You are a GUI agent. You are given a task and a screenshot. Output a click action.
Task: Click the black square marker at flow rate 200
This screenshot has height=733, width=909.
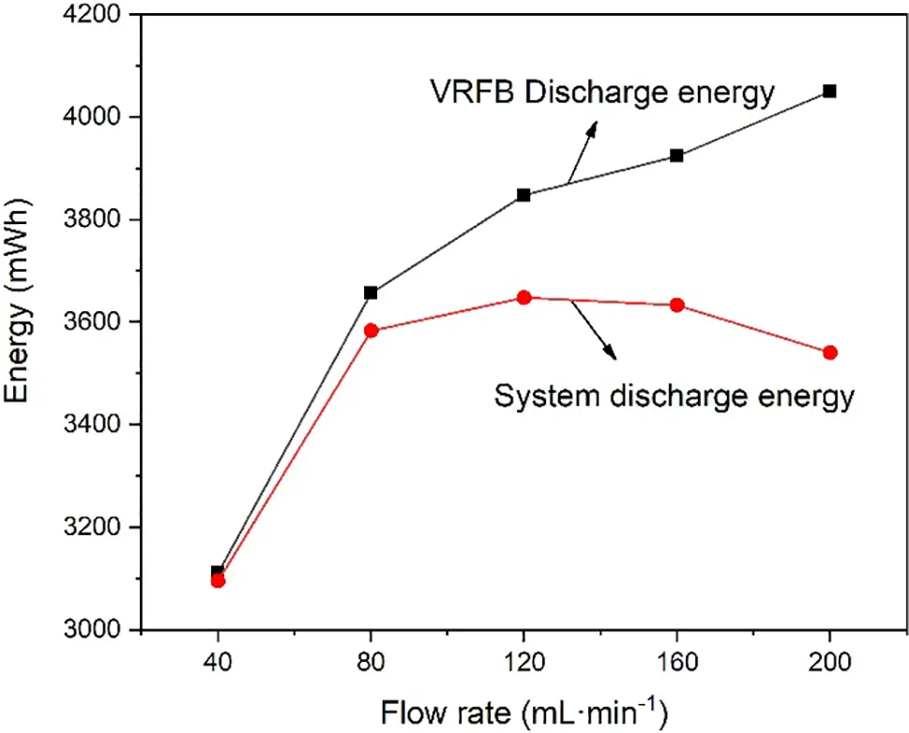point(829,91)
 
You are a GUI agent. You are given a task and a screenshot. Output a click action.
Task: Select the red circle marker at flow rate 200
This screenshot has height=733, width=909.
point(829,352)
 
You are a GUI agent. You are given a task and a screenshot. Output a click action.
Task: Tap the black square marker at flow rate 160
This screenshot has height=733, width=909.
point(676,156)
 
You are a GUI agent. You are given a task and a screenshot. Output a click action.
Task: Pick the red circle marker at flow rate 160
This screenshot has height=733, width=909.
point(676,305)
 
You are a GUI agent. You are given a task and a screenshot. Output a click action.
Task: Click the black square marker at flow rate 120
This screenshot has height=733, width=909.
point(523,195)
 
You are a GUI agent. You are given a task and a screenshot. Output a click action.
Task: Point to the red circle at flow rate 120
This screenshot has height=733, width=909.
point(523,297)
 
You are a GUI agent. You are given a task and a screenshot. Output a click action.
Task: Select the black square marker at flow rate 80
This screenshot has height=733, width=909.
point(371,292)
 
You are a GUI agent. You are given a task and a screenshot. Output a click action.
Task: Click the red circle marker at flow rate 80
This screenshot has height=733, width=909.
point(371,330)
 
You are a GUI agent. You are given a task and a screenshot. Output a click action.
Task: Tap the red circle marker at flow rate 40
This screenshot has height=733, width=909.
point(218,580)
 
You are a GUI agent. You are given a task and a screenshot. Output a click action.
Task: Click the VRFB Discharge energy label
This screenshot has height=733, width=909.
point(602,92)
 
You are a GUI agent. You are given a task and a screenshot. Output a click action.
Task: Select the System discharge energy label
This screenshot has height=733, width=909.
point(674,396)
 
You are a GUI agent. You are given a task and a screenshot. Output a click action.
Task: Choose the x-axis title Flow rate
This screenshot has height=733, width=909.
point(524,713)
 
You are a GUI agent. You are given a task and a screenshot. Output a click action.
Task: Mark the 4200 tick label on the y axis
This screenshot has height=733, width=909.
point(97,15)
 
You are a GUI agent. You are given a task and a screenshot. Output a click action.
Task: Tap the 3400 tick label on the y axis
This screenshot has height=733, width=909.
point(97,425)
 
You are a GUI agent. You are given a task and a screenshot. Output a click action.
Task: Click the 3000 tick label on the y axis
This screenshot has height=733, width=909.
point(97,630)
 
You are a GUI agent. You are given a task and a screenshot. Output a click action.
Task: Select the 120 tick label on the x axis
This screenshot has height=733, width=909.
point(523,662)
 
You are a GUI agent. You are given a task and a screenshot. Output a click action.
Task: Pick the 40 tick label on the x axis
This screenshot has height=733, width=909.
point(218,662)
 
